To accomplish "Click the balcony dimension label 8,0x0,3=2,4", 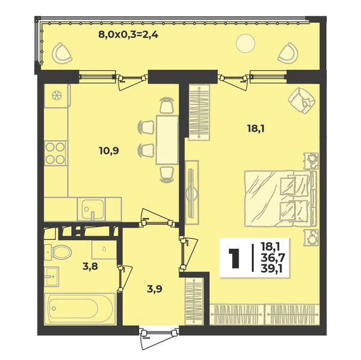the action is click(x=128, y=35).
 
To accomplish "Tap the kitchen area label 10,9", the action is click(x=109, y=151).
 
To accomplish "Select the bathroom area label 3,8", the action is click(x=90, y=266).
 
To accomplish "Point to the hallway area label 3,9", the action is click(x=155, y=289).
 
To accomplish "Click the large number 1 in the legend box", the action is click(x=235, y=258).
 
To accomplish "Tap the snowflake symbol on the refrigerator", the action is click(x=55, y=96).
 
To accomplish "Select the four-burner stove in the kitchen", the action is click(x=55, y=153).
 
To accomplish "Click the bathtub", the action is click(x=79, y=309).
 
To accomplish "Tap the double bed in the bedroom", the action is click(x=280, y=198).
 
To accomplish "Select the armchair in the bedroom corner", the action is click(x=301, y=100).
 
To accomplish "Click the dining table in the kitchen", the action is click(x=167, y=140).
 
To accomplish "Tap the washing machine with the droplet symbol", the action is click(x=104, y=250).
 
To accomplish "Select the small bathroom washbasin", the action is click(x=51, y=276).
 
